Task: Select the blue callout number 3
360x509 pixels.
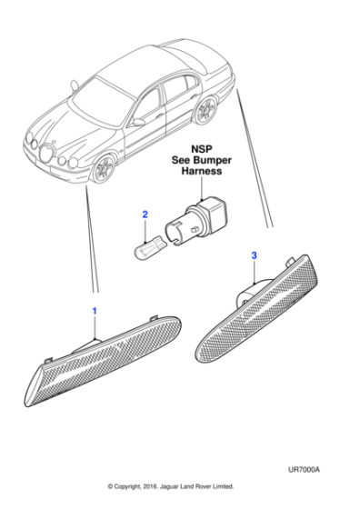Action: [254, 257]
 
